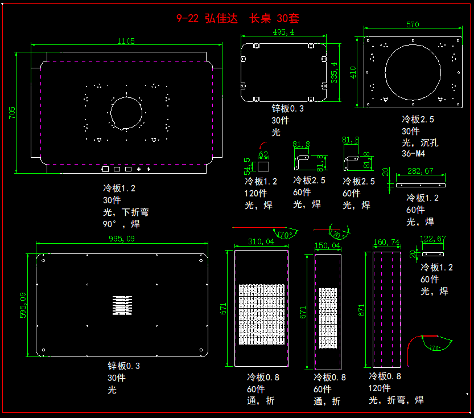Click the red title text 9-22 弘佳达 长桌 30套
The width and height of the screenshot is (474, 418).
pyautogui.click(x=238, y=19)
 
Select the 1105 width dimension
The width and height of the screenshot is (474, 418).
pyautogui.click(x=126, y=40)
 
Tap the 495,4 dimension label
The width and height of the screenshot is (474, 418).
pyautogui.click(x=283, y=32)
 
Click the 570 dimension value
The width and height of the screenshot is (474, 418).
pyautogui.click(x=413, y=24)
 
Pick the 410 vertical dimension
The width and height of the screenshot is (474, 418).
pyautogui.click(x=353, y=72)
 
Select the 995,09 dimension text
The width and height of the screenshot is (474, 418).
pyautogui.click(x=122, y=239)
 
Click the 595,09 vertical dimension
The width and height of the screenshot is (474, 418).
pyautogui.click(x=23, y=305)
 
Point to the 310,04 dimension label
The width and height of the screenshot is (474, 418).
pyautogui.click(x=261, y=242)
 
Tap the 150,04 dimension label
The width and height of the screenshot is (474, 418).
pyautogui.click(x=328, y=246)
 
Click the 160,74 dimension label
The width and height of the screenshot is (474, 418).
pyautogui.click(x=386, y=242)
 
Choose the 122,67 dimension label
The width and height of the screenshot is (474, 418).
pyautogui.click(x=432, y=239)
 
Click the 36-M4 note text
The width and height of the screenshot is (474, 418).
pyautogui.click(x=414, y=154)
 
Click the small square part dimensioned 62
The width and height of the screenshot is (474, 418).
pyautogui.click(x=263, y=166)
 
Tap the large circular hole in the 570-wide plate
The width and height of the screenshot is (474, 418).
pyautogui.click(x=413, y=71)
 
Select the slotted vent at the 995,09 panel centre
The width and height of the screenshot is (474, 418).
pyautogui.click(x=121, y=305)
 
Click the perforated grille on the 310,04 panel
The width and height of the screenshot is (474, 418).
pyautogui.click(x=261, y=314)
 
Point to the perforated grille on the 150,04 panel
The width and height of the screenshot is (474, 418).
pyautogui.click(x=328, y=318)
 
